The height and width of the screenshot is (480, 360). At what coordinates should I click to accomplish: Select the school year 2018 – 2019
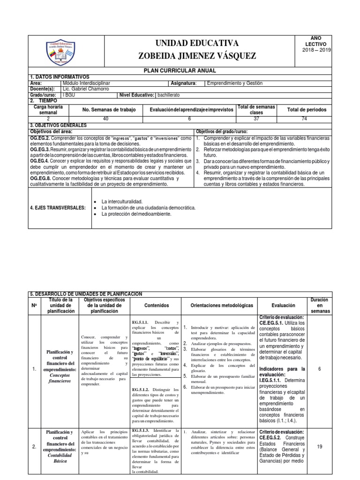point(317,50)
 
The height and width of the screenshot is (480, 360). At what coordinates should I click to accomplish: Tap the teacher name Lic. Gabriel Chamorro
point(85,89)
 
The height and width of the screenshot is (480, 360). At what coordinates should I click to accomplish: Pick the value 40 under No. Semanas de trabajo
point(105,119)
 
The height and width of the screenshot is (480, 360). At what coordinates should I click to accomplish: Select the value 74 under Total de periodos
point(305,119)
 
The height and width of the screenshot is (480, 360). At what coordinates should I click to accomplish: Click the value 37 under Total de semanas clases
point(255,119)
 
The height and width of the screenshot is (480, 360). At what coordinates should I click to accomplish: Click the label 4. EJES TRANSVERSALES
point(58,208)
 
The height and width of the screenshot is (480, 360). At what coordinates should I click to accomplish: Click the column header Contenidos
point(157,305)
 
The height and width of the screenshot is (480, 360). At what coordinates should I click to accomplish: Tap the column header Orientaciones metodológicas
point(219,305)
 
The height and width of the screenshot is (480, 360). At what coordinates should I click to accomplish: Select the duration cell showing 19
point(319,447)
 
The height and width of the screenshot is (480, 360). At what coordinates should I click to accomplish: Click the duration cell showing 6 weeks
point(319,369)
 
